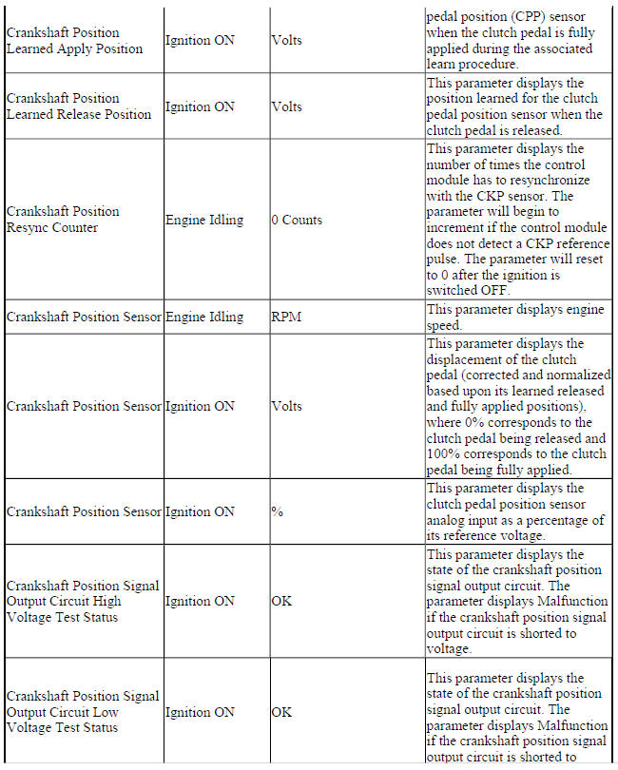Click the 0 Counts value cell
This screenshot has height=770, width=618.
click(x=297, y=221)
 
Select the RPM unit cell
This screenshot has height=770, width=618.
click(x=286, y=318)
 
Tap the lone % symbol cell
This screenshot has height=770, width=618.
click(x=278, y=512)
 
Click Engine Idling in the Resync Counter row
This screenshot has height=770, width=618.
click(x=203, y=221)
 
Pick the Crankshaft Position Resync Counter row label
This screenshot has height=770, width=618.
click(x=63, y=220)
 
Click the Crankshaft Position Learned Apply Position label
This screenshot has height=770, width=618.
click(x=74, y=41)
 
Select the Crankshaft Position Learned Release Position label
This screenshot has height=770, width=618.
click(x=78, y=106)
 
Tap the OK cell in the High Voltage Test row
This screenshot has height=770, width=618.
click(x=281, y=602)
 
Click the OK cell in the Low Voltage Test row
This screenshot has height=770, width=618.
click(x=281, y=712)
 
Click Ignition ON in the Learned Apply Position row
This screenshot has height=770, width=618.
click(x=200, y=41)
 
